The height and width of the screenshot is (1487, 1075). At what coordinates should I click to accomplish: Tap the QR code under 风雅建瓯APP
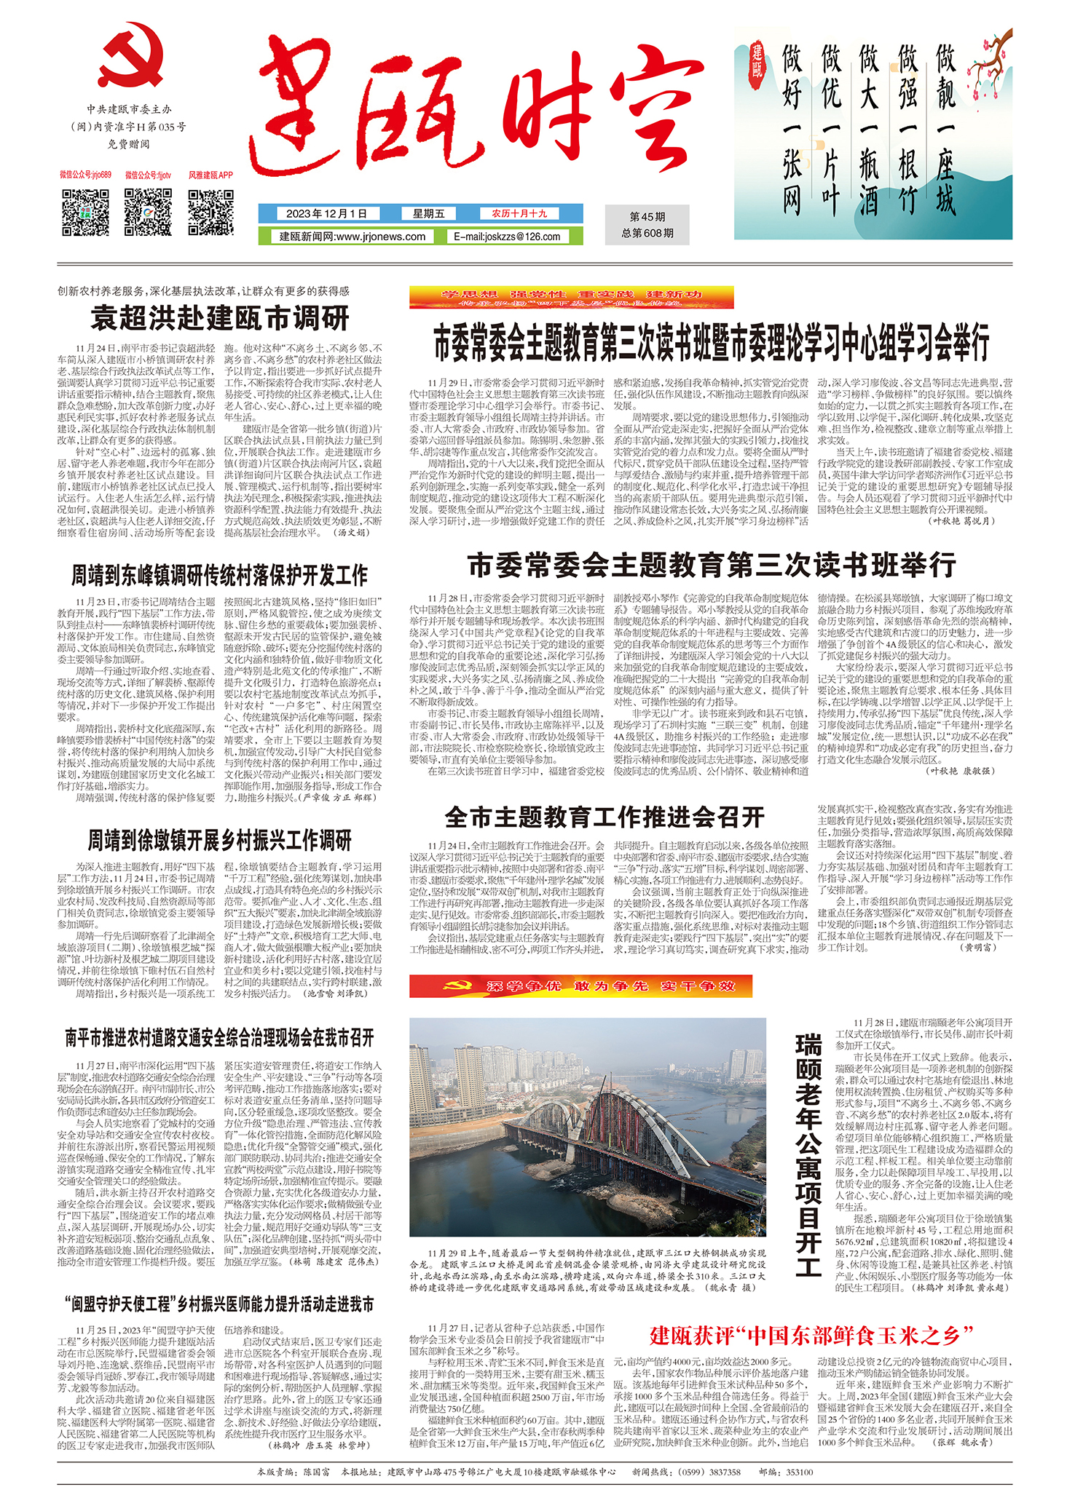click(x=210, y=212)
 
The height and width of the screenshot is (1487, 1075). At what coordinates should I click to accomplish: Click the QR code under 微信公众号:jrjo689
click(x=85, y=212)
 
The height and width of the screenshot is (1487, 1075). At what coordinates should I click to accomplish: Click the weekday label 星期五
click(x=428, y=213)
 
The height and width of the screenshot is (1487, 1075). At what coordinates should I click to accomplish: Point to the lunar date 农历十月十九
click(x=519, y=213)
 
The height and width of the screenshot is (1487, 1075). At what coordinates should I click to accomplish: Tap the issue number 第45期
click(x=647, y=217)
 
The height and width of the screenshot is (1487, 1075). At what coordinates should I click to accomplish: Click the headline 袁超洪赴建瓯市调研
click(x=220, y=318)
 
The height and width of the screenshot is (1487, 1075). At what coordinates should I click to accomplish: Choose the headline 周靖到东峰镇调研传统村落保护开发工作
click(x=219, y=576)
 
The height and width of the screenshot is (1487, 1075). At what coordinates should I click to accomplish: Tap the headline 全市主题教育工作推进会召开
click(x=604, y=817)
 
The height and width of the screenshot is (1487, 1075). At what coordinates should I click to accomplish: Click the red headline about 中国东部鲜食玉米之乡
click(x=811, y=1335)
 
